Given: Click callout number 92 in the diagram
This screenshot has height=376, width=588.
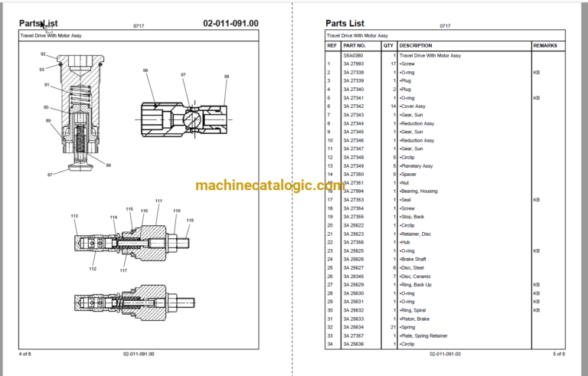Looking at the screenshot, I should [43, 54].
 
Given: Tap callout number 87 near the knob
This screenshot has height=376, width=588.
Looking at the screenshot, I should [51, 175].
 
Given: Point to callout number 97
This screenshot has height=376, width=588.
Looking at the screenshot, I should [184, 74].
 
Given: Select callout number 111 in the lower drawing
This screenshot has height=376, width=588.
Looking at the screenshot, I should [158, 201].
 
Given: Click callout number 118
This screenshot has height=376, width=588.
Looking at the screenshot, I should [190, 221].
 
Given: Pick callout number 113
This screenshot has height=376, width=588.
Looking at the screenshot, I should [74, 217].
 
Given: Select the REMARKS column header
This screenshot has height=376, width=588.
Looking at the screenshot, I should [544, 46].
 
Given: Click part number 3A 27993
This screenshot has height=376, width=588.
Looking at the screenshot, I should [354, 64].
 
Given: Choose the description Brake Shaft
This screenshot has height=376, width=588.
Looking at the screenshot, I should [415, 259].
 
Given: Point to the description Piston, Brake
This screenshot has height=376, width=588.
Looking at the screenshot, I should [416, 319].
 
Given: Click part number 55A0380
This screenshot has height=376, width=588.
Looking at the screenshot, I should [353, 55].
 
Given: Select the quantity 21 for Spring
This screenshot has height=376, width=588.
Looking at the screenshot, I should [392, 327].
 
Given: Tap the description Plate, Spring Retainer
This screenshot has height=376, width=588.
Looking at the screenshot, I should [426, 335].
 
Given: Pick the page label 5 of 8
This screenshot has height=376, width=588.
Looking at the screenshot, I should [558, 354].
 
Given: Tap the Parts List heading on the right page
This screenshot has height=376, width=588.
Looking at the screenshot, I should [345, 23].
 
